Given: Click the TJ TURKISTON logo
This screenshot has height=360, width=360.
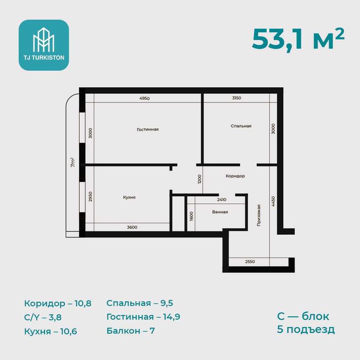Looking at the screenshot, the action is [x=44, y=45].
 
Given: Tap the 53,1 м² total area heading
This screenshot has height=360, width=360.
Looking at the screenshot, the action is [x=298, y=39].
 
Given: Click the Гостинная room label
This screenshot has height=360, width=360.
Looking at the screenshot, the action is [x=148, y=129].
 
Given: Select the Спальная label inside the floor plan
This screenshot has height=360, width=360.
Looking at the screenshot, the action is [x=241, y=126].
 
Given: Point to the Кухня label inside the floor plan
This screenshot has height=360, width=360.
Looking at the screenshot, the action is [x=129, y=197].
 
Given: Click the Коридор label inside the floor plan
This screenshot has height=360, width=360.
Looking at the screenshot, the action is [x=235, y=176].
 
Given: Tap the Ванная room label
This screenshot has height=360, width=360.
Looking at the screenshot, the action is [x=220, y=212].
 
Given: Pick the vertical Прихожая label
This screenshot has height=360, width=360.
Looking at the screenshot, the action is [x=259, y=216].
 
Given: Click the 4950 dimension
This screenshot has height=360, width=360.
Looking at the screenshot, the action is [x=144, y=98].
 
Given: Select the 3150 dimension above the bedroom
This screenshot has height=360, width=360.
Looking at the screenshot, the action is [x=236, y=98].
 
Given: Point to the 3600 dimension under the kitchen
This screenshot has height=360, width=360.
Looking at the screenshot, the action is [x=132, y=227].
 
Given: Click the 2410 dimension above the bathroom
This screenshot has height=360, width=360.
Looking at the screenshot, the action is [x=221, y=199].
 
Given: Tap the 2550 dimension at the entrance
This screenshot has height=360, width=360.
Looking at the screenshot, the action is [x=250, y=262].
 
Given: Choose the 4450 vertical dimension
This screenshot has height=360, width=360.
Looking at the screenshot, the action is [x=273, y=201].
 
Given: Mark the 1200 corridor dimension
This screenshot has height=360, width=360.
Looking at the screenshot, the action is [x=199, y=179].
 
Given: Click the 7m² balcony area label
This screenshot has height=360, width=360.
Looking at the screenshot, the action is [x=73, y=162].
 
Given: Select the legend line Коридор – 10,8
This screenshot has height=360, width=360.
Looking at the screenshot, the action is [x=58, y=303].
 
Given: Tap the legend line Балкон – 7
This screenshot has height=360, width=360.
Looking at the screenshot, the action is [x=131, y=331].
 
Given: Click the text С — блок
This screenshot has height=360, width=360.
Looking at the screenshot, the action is [x=303, y=316].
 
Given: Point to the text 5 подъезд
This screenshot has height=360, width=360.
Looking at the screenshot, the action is [x=306, y=330].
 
